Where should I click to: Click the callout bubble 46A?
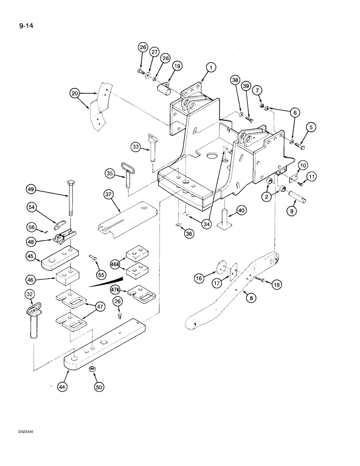pos(115,264)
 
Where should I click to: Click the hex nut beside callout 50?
pos(92,369)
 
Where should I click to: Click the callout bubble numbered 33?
pos(135,148)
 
